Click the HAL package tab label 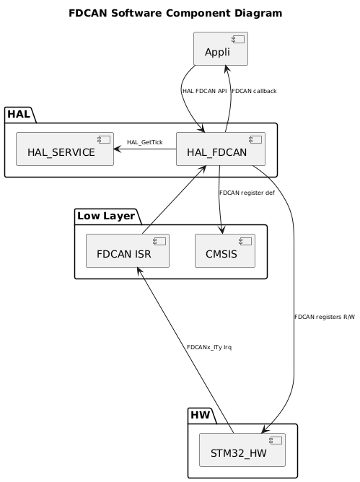(18, 113)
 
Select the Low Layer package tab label (106, 215)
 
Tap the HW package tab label (201, 415)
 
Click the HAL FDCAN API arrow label (205, 91)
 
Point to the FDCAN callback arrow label (254, 91)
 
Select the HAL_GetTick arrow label (144, 142)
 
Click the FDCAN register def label (247, 193)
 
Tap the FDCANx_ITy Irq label (208, 347)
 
